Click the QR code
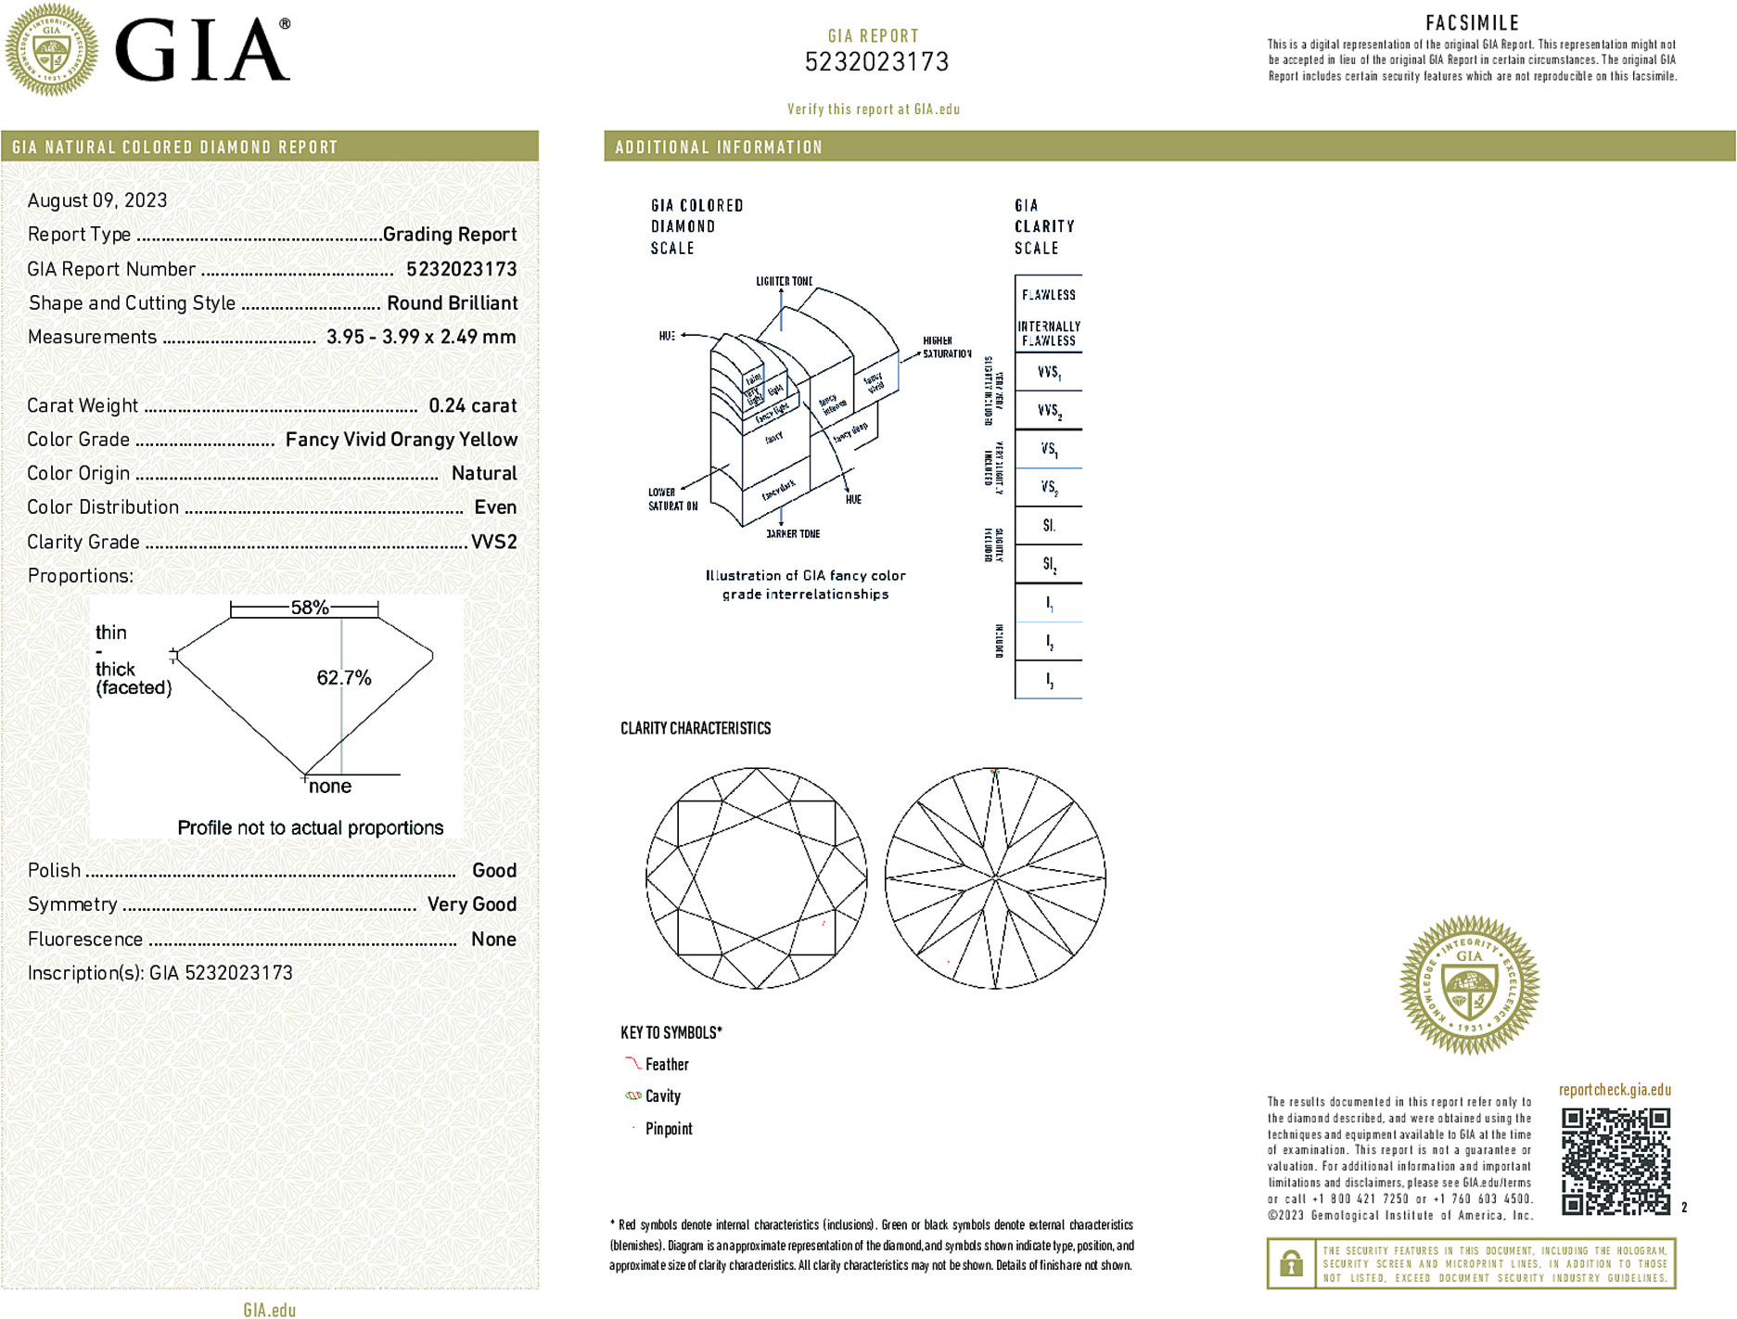pyautogui.click(x=1616, y=1160)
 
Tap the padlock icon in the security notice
pyautogui.click(x=1291, y=1263)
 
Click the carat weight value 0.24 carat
pyautogui.click(x=472, y=405)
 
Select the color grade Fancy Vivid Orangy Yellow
pyautogui.click(x=401, y=440)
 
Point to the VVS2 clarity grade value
pyautogui.click(x=493, y=542)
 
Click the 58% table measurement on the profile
pyautogui.click(x=309, y=608)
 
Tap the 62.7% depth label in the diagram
pyautogui.click(x=343, y=678)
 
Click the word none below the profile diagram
pyautogui.click(x=330, y=787)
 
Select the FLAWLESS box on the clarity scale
pyautogui.click(x=1049, y=295)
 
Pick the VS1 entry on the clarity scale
pyautogui.click(x=1049, y=450)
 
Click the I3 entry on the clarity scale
pyautogui.click(x=1049, y=680)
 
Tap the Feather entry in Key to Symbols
pyautogui.click(x=667, y=1065)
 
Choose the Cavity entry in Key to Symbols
pyautogui.click(x=662, y=1096)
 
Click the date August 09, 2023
pyautogui.click(x=97, y=200)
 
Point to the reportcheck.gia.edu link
pyautogui.click(x=1615, y=1090)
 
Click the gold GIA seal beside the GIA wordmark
pyautogui.click(x=52, y=50)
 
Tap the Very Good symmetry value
pyautogui.click(x=471, y=904)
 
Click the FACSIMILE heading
pyautogui.click(x=1472, y=23)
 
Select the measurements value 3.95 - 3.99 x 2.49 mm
pyautogui.click(x=421, y=337)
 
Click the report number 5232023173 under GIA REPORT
pyautogui.click(x=876, y=62)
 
